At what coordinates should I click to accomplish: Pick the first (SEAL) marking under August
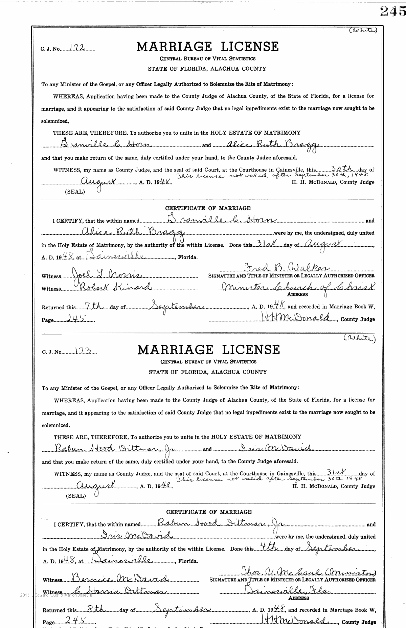[x=75, y=191]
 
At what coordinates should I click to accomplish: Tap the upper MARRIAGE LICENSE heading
[x=207, y=46]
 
